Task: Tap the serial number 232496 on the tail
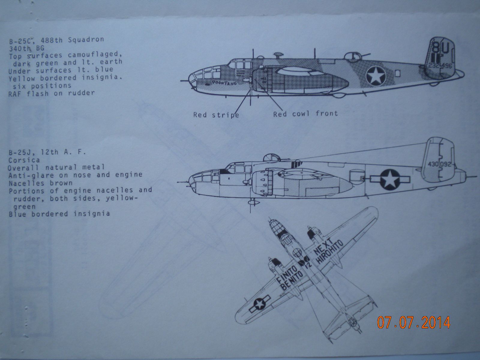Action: pyautogui.click(x=440, y=67)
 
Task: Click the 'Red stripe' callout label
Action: pyautogui.click(x=216, y=115)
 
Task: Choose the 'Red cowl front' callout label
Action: pyautogui.click(x=305, y=114)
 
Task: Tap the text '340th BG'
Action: pyautogui.click(x=26, y=47)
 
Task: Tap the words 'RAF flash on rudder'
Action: pyautogui.click(x=51, y=93)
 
